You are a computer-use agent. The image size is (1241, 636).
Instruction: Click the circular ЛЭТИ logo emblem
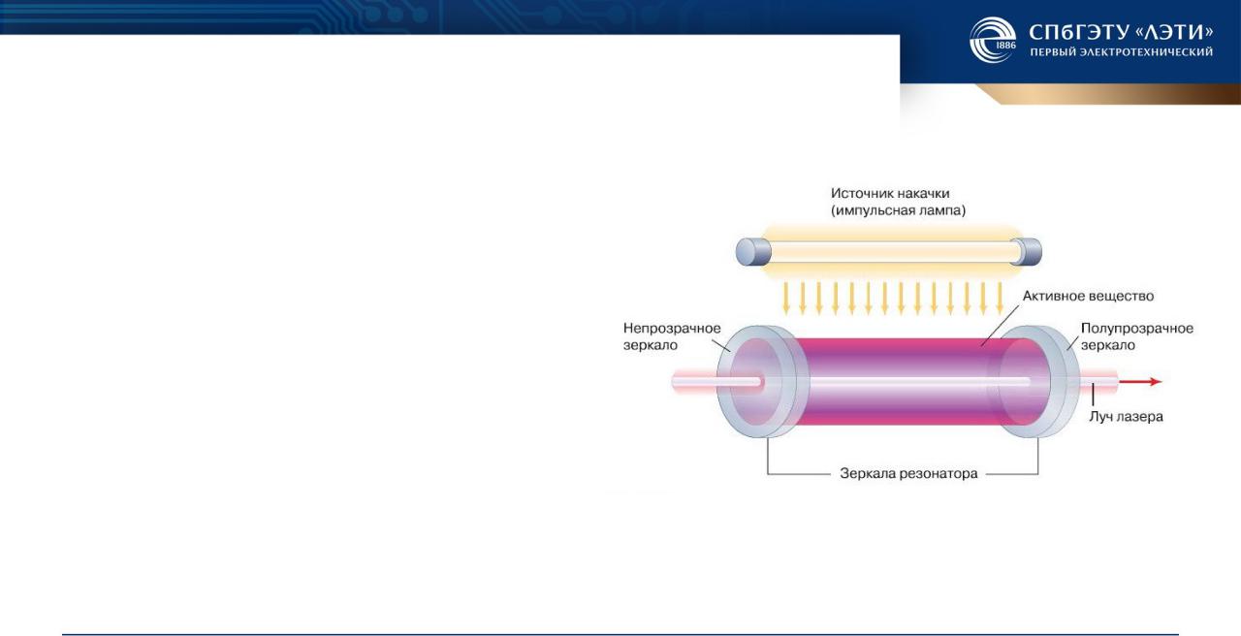(x=993, y=40)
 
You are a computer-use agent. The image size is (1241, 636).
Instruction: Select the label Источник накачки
(x=890, y=193)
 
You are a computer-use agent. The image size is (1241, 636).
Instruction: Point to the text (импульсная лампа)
(x=898, y=210)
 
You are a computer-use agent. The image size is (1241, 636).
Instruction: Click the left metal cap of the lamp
(x=753, y=251)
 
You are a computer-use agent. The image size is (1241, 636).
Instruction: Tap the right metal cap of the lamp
(x=1026, y=251)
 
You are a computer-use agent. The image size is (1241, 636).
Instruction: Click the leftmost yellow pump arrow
(x=785, y=299)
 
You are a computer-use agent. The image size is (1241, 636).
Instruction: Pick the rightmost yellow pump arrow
(x=1000, y=299)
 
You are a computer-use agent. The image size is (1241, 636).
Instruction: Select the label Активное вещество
(x=1088, y=296)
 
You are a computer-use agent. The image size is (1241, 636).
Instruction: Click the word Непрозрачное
(x=672, y=328)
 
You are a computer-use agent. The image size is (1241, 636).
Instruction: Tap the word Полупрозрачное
(x=1137, y=328)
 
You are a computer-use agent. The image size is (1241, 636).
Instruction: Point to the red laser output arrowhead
(x=1155, y=382)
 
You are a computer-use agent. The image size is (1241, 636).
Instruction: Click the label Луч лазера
(x=1126, y=417)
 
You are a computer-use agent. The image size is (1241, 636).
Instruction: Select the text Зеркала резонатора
(x=908, y=474)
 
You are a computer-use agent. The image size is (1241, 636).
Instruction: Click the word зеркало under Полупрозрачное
(x=1108, y=345)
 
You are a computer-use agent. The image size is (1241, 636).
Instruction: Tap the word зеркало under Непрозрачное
(x=651, y=345)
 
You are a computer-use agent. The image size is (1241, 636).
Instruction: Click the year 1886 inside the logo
(x=1006, y=45)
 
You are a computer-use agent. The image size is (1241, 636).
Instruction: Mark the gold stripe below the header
(x=1108, y=94)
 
